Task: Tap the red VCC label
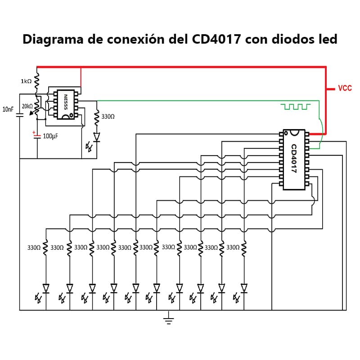pos(345,88)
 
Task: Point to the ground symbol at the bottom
pos(168,319)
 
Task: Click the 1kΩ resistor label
pos(26,81)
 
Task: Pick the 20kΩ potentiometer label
pos(27,106)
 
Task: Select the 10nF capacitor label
pos(8,109)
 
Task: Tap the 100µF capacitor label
pos(50,135)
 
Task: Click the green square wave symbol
pos(295,107)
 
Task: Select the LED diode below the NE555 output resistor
pos(96,136)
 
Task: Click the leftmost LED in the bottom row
pos(45,288)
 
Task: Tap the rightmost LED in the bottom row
pos(244,288)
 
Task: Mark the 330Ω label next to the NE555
pos(108,117)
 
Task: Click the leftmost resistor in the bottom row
pos(45,248)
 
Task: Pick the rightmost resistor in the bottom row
pos(244,248)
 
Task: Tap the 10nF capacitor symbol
pos(20,114)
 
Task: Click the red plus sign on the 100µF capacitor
pos(34,132)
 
